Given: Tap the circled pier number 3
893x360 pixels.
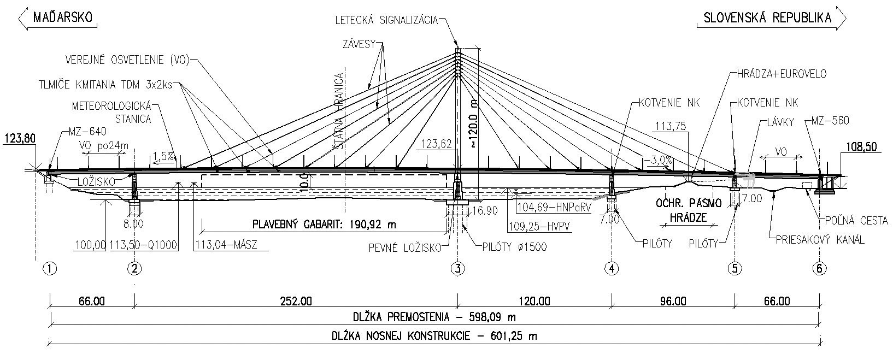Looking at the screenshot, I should click(x=457, y=268).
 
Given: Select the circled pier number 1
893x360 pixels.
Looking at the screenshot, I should click(x=50, y=268).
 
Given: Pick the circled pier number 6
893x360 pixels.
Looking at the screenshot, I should click(x=819, y=268).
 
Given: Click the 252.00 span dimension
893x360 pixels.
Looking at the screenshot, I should click(x=295, y=301).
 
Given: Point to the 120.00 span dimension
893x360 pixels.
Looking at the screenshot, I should click(x=534, y=301).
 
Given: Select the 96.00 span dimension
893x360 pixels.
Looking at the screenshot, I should click(x=673, y=301).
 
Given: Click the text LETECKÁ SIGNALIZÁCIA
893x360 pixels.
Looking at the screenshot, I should click(x=386, y=20).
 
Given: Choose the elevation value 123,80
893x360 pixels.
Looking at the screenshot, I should click(x=20, y=139).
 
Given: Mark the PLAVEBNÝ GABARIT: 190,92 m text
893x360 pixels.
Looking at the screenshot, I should click(x=324, y=225).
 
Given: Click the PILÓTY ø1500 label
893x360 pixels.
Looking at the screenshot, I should click(x=515, y=247).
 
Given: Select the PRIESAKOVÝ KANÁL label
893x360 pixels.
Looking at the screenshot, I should click(x=820, y=239).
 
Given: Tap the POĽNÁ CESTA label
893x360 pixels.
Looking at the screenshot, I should click(x=853, y=221).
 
